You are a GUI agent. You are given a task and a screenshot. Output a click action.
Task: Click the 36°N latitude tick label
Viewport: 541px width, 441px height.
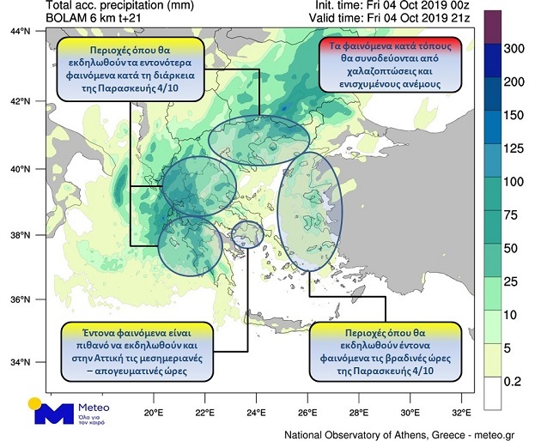pyautogui.click(x=19, y=300)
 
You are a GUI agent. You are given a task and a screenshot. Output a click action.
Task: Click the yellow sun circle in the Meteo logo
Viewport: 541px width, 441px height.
pyautogui.click(x=33, y=402)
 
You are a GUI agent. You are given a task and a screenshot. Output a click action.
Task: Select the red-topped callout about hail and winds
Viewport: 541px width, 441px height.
pyautogui.click(x=390, y=64)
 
